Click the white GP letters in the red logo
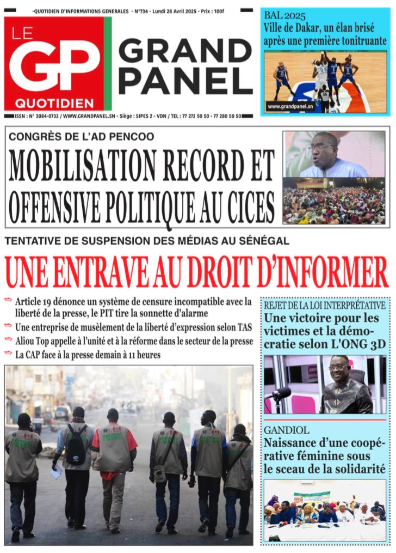coord(54,66)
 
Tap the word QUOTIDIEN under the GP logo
coord(54,103)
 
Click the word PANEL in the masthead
coord(185,82)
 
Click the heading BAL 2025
coord(284,15)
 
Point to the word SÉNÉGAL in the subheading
coord(263,240)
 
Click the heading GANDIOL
coord(286,430)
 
